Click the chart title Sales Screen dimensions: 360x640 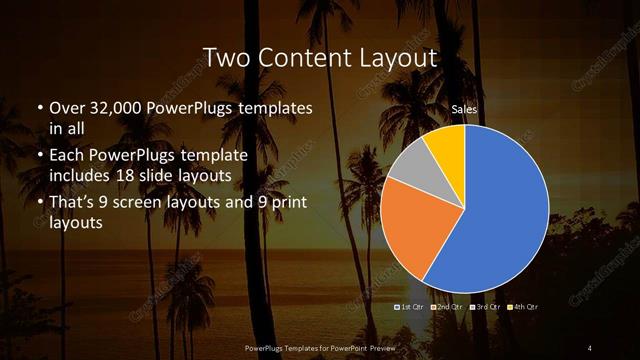(463, 109)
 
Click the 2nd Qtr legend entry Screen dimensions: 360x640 (447, 308)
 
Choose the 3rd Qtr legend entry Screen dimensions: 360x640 (484, 308)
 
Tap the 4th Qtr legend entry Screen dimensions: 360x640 (521, 308)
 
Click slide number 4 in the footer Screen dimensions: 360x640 (590, 347)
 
